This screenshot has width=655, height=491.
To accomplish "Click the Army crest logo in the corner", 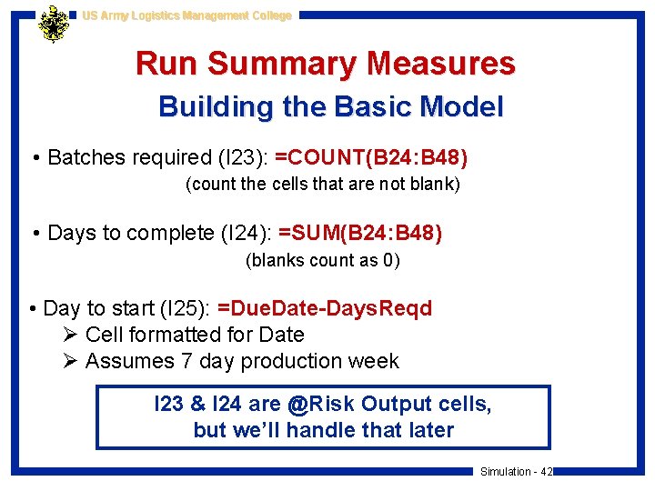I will point(55,25).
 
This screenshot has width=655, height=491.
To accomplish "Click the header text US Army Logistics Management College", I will point(186,15).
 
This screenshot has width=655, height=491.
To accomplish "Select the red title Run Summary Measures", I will point(326,64).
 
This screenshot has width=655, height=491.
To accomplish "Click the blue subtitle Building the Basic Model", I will point(330,107).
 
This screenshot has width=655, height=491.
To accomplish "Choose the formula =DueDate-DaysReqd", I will point(325,308).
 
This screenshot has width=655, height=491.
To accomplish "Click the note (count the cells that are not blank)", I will point(323,185).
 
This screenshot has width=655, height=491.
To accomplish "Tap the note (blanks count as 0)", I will point(323,260).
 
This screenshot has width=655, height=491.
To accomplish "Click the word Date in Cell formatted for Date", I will point(281,335).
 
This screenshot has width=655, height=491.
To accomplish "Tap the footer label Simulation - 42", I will point(516,472).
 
